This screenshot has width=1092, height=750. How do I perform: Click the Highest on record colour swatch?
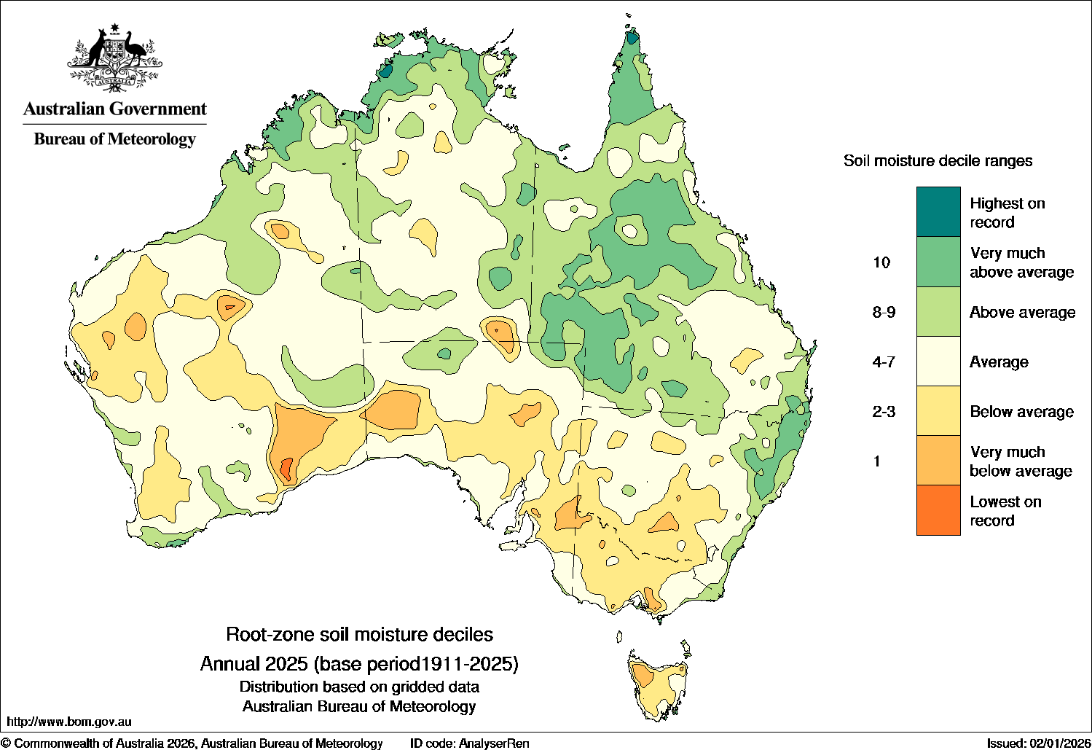pyautogui.click(x=938, y=212)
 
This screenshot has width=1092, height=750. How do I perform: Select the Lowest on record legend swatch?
pyautogui.click(x=938, y=510)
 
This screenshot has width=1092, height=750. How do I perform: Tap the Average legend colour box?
pyautogui.click(x=938, y=362)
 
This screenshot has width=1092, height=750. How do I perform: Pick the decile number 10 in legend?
pyautogui.click(x=881, y=262)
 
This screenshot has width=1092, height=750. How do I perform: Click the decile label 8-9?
pyautogui.click(x=884, y=312)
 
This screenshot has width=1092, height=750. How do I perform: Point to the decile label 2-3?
pyautogui.click(x=884, y=412)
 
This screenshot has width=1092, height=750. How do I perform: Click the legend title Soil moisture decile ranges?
pyautogui.click(x=938, y=160)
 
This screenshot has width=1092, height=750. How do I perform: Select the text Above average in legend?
pyautogui.click(x=1022, y=312)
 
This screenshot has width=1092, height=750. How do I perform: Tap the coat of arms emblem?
pyautogui.click(x=114, y=58)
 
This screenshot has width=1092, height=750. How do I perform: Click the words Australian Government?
pyautogui.click(x=115, y=109)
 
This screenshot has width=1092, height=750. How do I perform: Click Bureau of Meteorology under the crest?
pyautogui.click(x=115, y=138)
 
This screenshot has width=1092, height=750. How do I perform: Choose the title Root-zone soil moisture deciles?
pyautogui.click(x=359, y=634)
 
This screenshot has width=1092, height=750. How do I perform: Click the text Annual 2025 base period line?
pyautogui.click(x=359, y=664)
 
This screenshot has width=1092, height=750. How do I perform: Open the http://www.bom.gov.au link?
pyautogui.click(x=68, y=722)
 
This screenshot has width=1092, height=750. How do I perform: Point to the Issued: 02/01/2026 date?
pyautogui.click(x=1037, y=743)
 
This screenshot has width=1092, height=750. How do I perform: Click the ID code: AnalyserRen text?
pyautogui.click(x=469, y=743)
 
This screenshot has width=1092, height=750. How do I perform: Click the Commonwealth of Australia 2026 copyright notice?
pyautogui.click(x=192, y=743)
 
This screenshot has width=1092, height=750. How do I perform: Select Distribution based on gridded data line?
pyautogui.click(x=359, y=687)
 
